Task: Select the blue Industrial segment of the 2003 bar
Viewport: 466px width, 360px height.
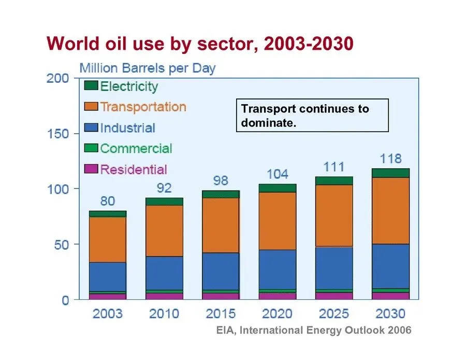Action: (108, 277)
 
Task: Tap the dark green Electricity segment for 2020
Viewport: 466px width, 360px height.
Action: (278, 188)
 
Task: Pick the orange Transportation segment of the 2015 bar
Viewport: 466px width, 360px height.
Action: (221, 225)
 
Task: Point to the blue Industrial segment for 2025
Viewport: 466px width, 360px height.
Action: (334, 268)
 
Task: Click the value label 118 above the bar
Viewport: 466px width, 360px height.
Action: (391, 159)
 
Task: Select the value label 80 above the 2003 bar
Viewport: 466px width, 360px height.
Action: (108, 201)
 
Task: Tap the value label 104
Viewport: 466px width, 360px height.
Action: (278, 174)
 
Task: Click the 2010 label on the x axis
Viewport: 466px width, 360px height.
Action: (164, 313)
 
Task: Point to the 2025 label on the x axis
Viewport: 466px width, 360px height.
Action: (334, 313)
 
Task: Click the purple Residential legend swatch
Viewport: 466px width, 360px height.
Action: (91, 169)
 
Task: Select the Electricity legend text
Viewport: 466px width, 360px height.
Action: (129, 87)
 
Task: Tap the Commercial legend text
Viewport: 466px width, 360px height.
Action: (136, 149)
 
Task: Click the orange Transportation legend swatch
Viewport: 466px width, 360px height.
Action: (91, 107)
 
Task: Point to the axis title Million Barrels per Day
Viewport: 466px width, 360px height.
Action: (147, 68)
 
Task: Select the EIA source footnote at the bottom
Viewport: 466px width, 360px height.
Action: (314, 330)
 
